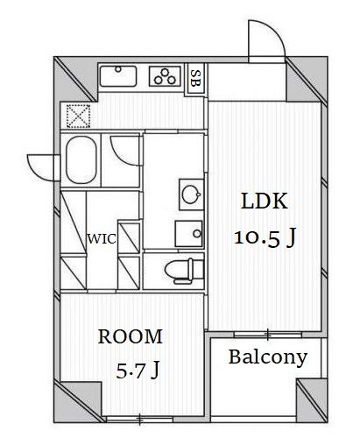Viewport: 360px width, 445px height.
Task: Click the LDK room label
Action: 265,201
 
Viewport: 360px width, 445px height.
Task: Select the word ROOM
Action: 131,336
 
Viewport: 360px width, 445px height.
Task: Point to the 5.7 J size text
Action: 138,370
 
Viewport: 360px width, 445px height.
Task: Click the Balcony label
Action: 268,357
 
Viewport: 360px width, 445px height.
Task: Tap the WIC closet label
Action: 102,239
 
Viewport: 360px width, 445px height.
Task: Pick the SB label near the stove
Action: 195,78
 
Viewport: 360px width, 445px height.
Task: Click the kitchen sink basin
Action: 118,76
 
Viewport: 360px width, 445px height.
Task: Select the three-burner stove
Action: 165,76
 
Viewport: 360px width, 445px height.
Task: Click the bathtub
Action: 81,159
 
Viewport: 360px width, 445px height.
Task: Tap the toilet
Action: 184,271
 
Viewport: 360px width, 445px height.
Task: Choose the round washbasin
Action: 191,194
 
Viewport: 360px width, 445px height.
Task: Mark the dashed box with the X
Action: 78,116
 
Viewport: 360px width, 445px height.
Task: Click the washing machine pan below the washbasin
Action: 188,234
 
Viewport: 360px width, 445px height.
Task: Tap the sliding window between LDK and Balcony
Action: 268,335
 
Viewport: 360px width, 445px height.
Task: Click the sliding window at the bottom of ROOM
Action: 140,420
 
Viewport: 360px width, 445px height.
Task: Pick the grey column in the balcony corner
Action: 312,400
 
